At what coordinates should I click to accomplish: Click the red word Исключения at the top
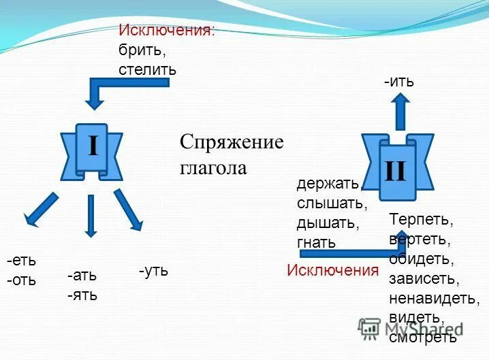click(165, 31)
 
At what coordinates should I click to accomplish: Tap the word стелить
click(147, 69)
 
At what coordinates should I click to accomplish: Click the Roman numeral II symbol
click(395, 171)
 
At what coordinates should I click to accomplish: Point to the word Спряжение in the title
click(231, 143)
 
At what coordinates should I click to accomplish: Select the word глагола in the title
click(213, 167)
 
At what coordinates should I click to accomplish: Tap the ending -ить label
click(398, 82)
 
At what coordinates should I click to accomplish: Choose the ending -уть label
click(153, 271)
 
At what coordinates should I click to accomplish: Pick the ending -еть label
click(22, 261)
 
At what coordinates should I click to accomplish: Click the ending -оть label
click(22, 280)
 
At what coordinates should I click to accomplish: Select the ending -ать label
click(82, 276)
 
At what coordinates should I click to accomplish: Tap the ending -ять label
click(82, 295)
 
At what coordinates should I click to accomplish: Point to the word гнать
click(316, 242)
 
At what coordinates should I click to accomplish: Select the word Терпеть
click(421, 220)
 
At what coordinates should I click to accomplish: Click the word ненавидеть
click(435, 298)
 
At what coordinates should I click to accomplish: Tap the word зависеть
click(424, 278)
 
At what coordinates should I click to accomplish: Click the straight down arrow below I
click(90, 216)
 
